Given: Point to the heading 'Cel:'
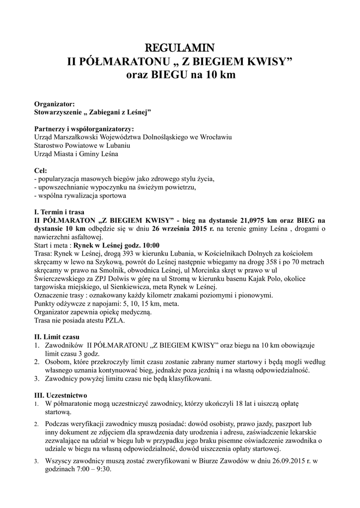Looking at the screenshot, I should [x=40, y=170].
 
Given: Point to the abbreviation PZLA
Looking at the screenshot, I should [x=116, y=320].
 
